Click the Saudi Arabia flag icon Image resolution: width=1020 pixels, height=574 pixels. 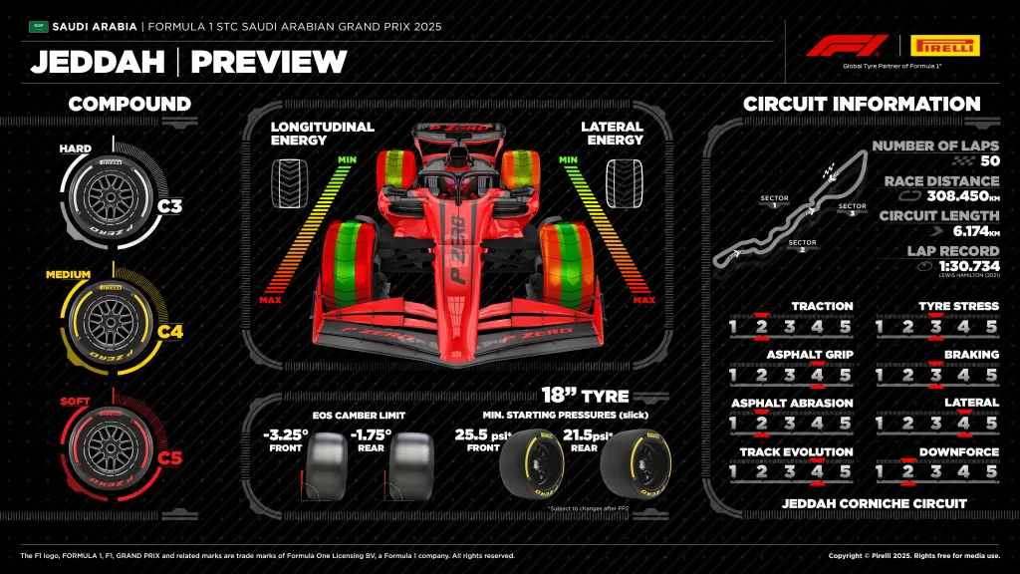38,26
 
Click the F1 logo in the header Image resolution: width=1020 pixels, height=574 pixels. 846,46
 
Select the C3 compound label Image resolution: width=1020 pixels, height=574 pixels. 170,207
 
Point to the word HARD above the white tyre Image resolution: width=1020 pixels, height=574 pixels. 75,149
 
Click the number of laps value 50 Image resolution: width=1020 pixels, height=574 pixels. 989,161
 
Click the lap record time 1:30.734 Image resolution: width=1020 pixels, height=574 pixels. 962,266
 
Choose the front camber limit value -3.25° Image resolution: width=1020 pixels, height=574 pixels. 287,435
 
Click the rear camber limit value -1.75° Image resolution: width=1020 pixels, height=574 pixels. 371,435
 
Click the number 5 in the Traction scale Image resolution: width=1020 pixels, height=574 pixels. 846,326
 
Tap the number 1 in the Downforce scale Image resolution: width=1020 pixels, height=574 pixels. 881,471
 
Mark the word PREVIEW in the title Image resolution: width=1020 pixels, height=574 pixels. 269,62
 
